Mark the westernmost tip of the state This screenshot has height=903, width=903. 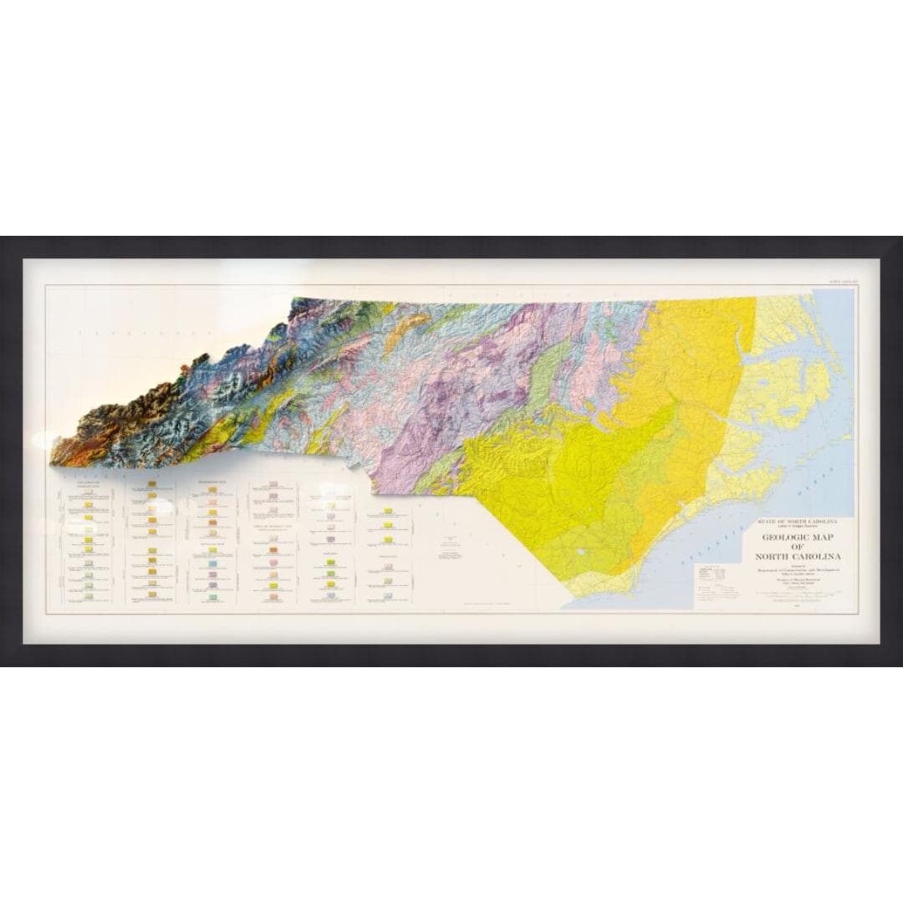pos(52,461)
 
